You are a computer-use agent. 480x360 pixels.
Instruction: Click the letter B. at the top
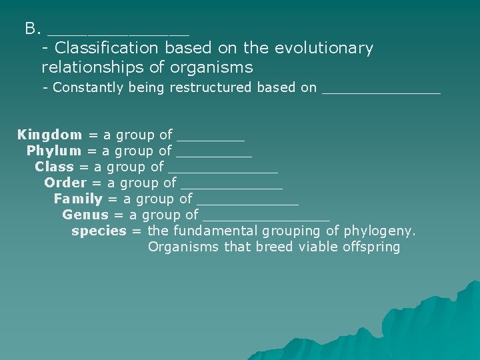coord(33,29)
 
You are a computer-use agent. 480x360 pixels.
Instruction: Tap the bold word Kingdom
coord(50,135)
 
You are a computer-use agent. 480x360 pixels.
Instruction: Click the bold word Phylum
coord(54,151)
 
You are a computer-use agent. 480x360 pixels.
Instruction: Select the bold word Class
coord(54,167)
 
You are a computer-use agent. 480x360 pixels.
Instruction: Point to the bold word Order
coord(65,183)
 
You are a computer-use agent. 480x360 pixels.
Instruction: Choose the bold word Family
coord(78,199)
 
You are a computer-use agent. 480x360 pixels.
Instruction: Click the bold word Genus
coord(85,215)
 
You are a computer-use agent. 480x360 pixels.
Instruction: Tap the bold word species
coord(99,231)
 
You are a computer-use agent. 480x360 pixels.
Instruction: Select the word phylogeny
coord(380,231)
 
